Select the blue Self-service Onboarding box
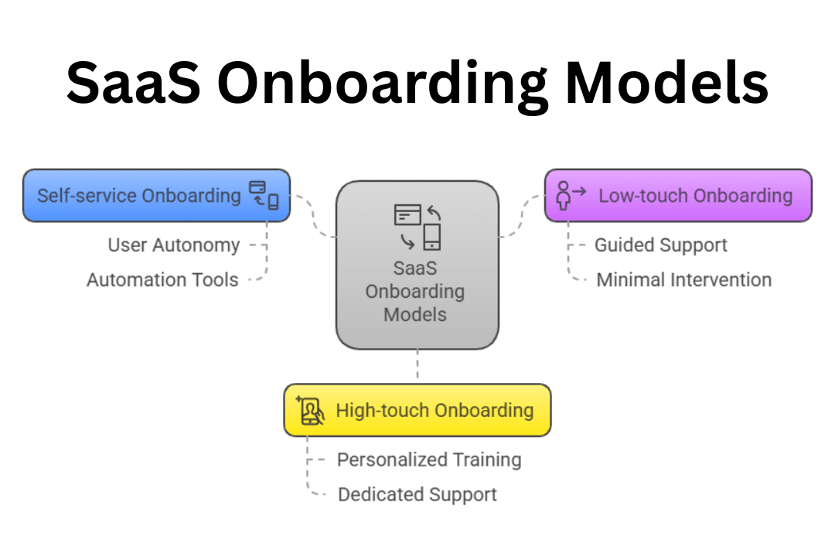click(139, 196)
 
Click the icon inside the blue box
click(263, 195)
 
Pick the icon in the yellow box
click(311, 410)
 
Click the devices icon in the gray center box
click(417, 227)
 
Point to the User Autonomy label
click(174, 245)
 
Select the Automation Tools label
click(162, 279)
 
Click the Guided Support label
click(661, 245)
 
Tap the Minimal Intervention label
click(684, 279)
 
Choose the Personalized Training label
click(429, 460)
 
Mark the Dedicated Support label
click(417, 494)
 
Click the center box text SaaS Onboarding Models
click(416, 292)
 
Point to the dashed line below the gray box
click(417, 365)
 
